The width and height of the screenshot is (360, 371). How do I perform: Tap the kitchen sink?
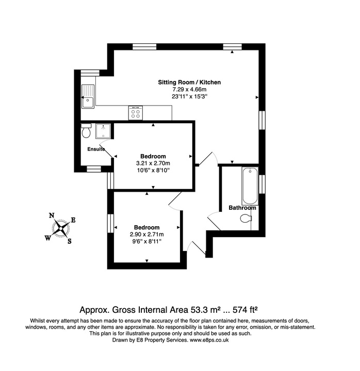87,96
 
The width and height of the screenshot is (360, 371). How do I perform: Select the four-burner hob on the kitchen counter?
136,113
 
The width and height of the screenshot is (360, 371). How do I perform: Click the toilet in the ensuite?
87,132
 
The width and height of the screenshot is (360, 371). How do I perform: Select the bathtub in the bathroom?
250,186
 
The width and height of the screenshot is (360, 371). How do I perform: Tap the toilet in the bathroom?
246,219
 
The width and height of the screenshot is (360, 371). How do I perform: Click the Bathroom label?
242,208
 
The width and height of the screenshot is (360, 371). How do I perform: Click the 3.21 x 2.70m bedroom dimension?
153,163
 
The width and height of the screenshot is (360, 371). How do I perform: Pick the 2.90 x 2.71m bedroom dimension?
147,234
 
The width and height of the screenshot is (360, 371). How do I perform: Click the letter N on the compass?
52,216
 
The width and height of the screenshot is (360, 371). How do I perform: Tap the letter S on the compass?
70,241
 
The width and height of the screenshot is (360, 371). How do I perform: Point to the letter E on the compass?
73,220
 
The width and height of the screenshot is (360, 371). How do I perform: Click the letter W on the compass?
47,238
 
